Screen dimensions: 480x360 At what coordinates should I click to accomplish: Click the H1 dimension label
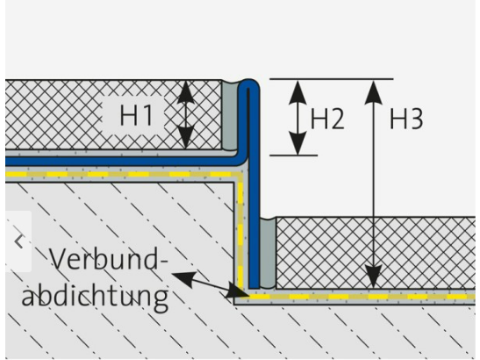(x=136, y=115)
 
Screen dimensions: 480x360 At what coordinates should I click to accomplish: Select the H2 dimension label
(x=327, y=119)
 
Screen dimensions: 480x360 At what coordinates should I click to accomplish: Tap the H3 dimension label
(x=406, y=119)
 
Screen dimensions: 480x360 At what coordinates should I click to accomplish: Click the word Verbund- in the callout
(x=109, y=259)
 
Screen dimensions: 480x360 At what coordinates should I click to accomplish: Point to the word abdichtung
(x=95, y=295)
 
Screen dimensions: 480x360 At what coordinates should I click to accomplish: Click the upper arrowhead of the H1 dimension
(x=186, y=92)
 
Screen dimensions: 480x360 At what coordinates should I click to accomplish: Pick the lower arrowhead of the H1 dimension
(x=186, y=136)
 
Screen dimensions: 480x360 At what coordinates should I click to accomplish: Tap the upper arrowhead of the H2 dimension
(x=297, y=92)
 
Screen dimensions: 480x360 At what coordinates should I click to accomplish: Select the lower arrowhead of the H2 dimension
(x=297, y=143)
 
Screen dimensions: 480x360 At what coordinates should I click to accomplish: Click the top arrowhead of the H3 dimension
(x=374, y=92)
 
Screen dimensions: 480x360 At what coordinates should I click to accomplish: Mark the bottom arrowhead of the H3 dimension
(x=374, y=277)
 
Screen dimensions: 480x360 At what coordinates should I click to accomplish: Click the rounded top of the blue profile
(x=248, y=83)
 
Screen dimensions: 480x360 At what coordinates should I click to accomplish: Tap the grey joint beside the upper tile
(x=229, y=116)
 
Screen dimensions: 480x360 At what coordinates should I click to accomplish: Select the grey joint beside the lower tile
(x=268, y=253)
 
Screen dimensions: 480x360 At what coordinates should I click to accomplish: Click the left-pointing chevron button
(x=19, y=241)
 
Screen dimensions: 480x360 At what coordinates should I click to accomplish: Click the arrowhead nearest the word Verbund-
(x=184, y=278)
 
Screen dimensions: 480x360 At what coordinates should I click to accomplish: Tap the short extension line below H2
(x=293, y=155)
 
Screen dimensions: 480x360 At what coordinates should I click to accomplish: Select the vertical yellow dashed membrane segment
(x=240, y=233)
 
